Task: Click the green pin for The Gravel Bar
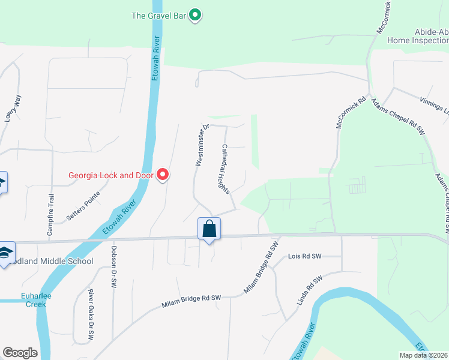194,15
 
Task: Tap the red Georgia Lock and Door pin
163,175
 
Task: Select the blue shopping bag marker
209,229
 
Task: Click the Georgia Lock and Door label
111,176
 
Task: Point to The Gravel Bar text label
158,15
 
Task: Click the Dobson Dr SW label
113,267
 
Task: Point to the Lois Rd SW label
305,256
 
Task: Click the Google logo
20,353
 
